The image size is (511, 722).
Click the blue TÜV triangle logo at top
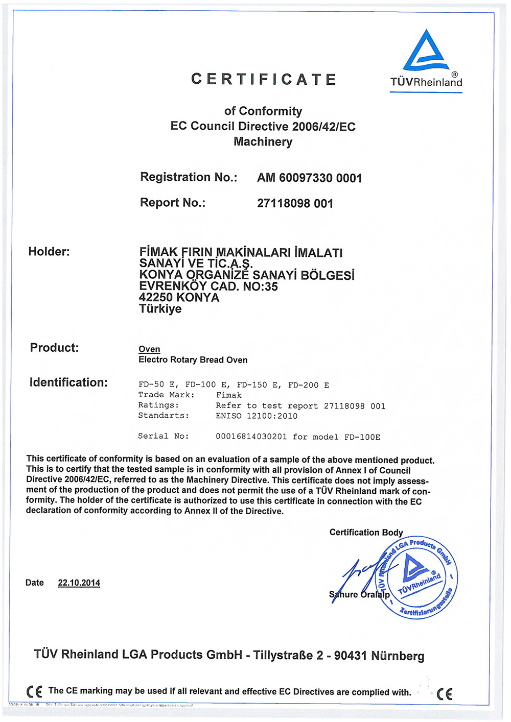coord(426,51)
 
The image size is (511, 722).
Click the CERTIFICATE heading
coord(264,80)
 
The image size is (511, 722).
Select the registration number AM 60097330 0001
coord(310,178)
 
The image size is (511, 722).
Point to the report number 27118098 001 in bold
coord(295,203)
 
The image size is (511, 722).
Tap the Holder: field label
coord(49,251)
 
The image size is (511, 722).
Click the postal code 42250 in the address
coord(156,297)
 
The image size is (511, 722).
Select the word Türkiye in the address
coord(160,309)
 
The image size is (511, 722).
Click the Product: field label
coord(54,348)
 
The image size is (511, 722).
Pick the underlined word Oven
coord(149,349)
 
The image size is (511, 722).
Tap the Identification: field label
coord(68,382)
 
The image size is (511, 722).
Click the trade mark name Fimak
coord(228,395)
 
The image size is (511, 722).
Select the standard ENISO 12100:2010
coord(257,416)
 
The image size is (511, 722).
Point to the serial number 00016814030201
coord(251,437)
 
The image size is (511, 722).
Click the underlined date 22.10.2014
coord(79,583)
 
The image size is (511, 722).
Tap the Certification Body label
coord(366,532)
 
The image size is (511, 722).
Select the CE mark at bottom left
coord(34,692)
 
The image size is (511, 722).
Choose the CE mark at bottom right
coord(445,693)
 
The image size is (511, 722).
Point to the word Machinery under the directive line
coord(263,141)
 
